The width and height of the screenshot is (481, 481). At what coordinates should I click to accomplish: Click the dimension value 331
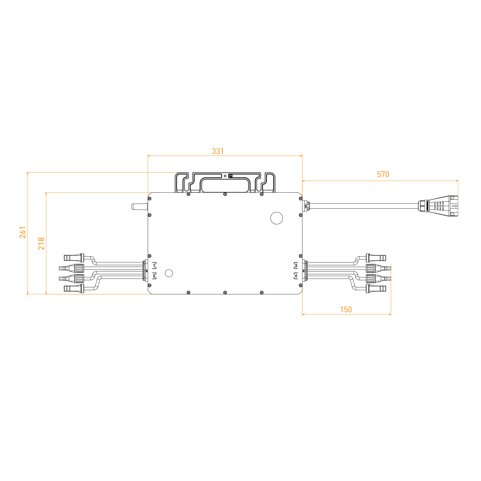point(218,151)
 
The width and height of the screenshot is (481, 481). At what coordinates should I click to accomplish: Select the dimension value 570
point(383,174)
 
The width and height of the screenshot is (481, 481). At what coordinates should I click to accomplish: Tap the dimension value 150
point(346,309)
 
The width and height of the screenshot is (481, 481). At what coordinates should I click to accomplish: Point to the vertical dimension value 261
point(23,232)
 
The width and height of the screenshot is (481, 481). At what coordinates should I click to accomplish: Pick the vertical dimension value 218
point(41,244)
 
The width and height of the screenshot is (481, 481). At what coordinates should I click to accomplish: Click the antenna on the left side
point(139,207)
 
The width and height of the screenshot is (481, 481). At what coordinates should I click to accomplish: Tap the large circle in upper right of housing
point(276,218)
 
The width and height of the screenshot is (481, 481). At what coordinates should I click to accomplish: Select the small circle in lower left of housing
point(169,273)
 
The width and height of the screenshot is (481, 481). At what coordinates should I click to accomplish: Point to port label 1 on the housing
point(154,265)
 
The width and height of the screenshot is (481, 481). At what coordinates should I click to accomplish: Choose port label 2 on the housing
point(154,276)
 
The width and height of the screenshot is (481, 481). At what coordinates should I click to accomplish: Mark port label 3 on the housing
point(296,265)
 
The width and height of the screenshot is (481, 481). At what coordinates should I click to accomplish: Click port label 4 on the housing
point(296,276)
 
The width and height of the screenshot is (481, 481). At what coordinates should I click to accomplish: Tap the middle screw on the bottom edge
point(225,292)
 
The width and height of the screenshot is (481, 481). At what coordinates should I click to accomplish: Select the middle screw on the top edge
point(225,194)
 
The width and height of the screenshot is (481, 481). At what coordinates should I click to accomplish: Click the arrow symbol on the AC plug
point(454,206)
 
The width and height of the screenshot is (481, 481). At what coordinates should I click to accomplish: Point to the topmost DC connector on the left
point(74,257)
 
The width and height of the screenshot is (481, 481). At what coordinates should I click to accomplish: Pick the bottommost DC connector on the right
point(376,288)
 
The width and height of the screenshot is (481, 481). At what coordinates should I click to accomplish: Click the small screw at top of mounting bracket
point(231,176)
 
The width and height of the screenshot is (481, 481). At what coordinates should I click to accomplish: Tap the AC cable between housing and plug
point(362,206)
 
